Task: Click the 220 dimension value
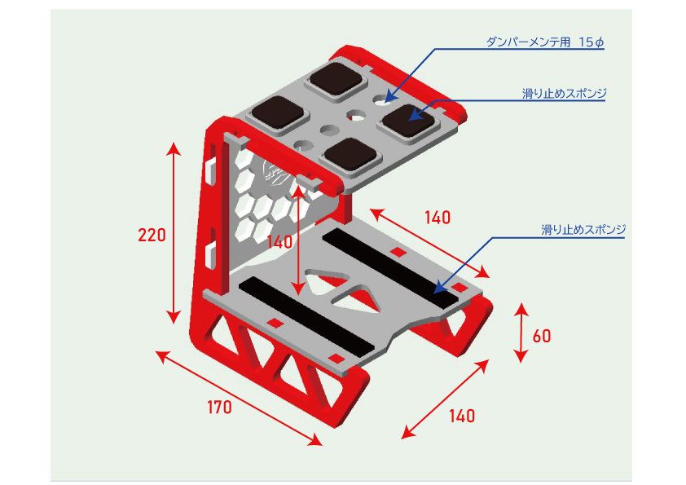point(152,236)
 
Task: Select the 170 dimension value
point(218,408)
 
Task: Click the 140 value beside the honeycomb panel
point(279,242)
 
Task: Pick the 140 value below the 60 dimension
point(461,416)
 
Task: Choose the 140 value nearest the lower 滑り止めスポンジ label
point(437,218)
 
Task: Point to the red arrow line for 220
point(172,232)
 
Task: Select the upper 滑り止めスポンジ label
point(565,94)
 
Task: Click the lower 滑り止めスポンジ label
point(583,230)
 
